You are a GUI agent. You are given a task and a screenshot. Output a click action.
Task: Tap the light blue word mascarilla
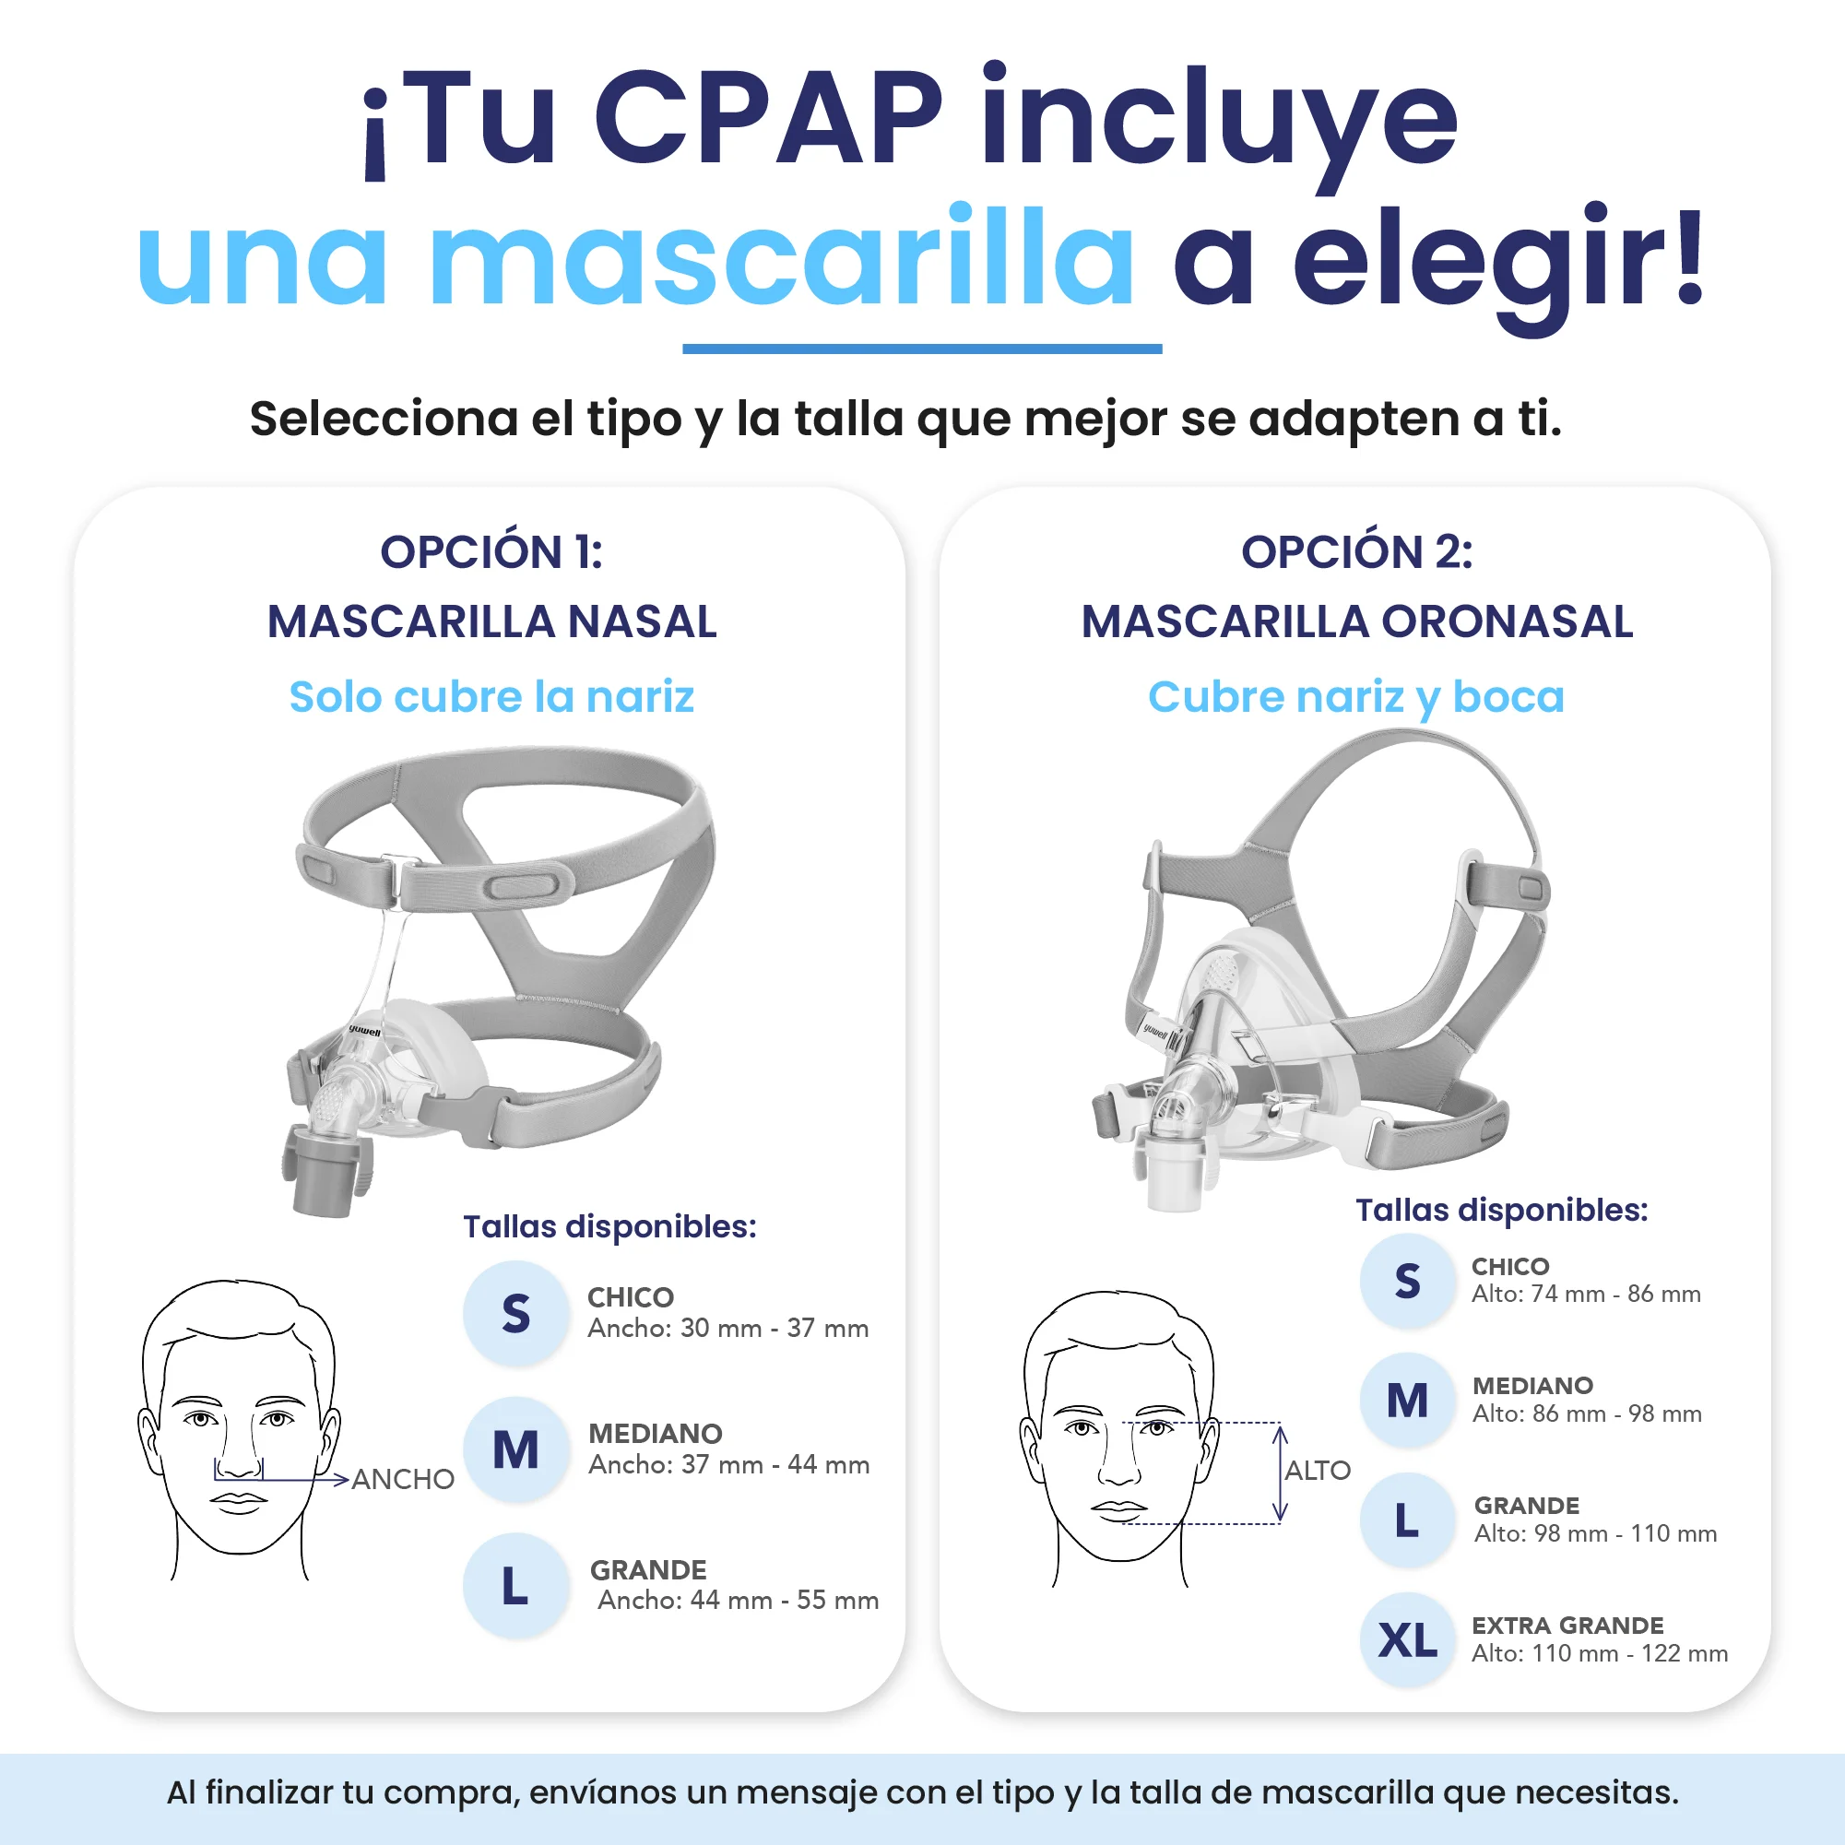782,258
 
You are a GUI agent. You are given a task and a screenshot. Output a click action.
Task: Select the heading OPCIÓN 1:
491,552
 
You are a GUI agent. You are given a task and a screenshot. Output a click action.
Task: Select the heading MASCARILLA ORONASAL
1357,621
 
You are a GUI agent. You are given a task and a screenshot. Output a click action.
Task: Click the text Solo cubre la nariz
491,697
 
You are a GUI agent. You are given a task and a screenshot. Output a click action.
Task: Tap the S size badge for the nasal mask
515,1313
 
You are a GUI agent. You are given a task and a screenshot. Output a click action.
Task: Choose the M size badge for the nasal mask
515,1449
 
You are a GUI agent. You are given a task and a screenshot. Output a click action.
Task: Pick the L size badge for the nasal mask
515,1586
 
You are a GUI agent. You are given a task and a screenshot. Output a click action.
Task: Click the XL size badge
1408,1640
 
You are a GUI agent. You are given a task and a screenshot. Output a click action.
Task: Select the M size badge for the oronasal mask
1408,1401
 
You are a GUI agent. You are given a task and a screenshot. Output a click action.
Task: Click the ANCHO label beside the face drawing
403,1479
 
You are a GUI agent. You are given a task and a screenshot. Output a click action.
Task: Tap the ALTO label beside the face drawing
1318,1471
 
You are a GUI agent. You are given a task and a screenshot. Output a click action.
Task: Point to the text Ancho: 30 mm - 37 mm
727,1329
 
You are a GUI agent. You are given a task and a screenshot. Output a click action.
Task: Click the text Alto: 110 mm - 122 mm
1600,1653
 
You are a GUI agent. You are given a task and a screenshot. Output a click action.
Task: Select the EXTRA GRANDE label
1568,1626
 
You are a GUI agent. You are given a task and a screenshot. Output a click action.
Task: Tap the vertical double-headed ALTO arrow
1281,1472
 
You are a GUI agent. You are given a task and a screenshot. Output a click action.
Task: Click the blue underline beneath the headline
922,349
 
